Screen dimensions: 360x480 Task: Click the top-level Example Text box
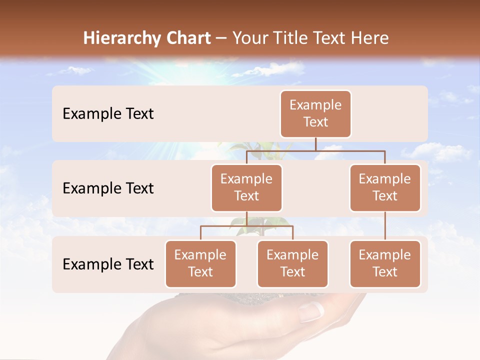(315, 113)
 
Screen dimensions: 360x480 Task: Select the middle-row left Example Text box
(246, 187)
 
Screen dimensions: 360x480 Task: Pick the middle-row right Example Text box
(385, 187)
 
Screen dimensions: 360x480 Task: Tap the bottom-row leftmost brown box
(200, 263)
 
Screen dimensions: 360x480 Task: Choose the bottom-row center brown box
(292, 263)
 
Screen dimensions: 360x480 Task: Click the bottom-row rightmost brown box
(385, 263)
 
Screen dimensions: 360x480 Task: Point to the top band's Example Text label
(108, 114)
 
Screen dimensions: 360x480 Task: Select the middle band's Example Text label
(108, 188)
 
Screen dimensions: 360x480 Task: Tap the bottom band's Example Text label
(108, 264)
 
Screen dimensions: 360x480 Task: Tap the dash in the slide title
(221, 38)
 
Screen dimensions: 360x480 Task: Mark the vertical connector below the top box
(315, 144)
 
